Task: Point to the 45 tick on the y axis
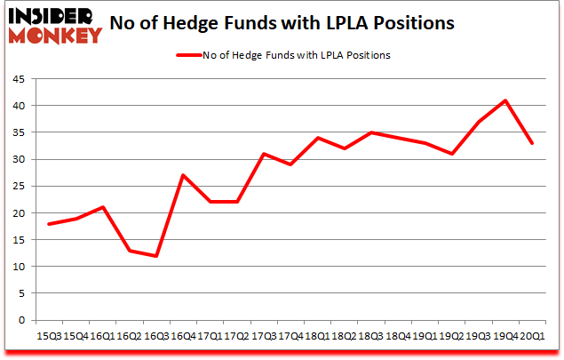pos(18,78)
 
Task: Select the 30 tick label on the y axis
pos(18,159)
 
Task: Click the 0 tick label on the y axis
pos(21,320)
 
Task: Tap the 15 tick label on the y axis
pos(18,240)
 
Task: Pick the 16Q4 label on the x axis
pos(182,335)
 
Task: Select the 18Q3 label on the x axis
pos(370,335)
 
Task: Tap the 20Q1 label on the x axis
pos(532,335)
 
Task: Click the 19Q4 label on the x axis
pos(505,335)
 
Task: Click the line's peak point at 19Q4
pos(505,100)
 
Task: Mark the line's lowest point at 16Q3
pos(155,256)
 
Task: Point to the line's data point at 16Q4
pos(182,175)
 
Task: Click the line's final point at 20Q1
pos(532,143)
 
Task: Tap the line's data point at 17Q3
pos(263,154)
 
